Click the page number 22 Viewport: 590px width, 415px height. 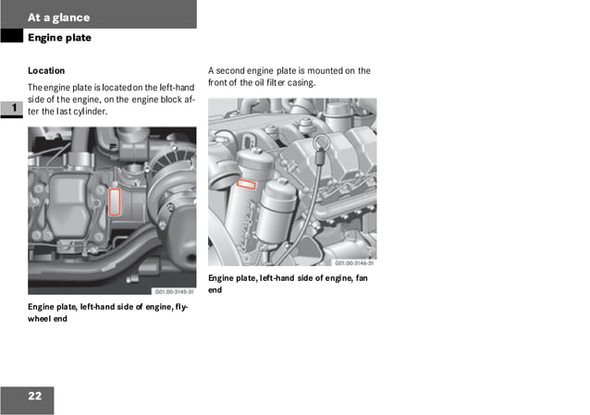point(34,397)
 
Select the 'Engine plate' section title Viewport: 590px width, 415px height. point(59,38)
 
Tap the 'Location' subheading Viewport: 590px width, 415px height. point(46,70)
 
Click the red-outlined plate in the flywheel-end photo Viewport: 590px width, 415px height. point(115,201)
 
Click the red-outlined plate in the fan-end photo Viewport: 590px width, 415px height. point(247,184)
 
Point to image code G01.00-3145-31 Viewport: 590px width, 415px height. point(173,289)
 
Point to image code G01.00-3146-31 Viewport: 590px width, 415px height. point(353,262)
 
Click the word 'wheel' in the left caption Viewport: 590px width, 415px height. point(41,318)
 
